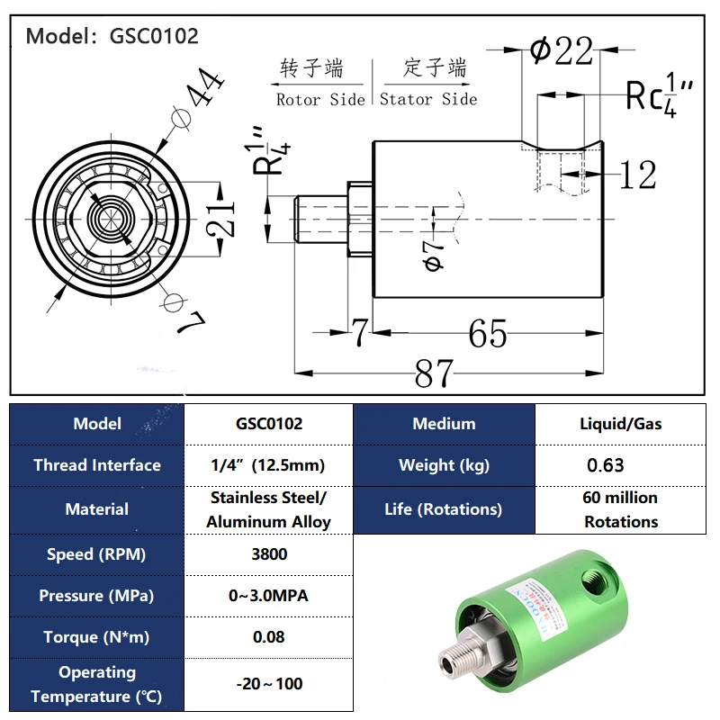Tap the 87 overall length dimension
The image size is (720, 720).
[x=434, y=373]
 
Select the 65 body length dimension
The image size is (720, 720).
[x=488, y=334]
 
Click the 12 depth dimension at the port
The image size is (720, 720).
[x=637, y=175]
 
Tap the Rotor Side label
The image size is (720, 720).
[x=320, y=100]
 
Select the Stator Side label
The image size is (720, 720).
[x=428, y=100]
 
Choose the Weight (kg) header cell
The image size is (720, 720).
[x=444, y=465]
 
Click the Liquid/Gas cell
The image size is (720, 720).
[x=620, y=424]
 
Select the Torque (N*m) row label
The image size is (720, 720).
[x=96, y=637]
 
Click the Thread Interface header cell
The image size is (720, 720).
[x=96, y=465]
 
